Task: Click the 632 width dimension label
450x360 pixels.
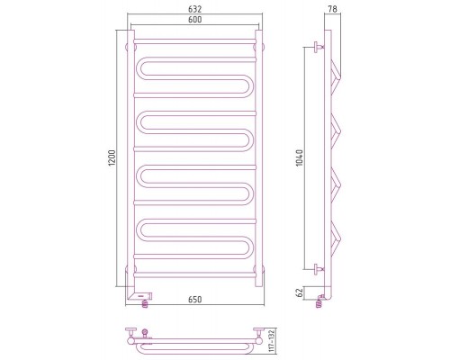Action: pos(195,9)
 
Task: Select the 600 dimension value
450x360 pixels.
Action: pos(195,20)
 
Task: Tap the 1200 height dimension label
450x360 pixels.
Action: pos(112,158)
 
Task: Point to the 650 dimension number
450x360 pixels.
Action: pos(195,300)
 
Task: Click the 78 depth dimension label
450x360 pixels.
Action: pos(332,9)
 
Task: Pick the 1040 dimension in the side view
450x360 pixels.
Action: pos(300,158)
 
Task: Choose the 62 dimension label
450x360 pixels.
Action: pos(300,293)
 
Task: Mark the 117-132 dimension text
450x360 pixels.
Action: pos(272,340)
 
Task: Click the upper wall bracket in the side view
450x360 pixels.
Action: pos(319,47)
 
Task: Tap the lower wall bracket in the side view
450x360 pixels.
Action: pos(319,269)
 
